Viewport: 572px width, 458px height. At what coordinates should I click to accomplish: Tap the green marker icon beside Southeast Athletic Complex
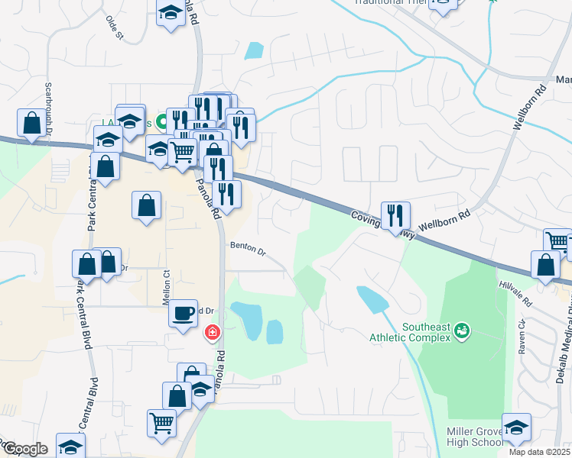(x=462, y=331)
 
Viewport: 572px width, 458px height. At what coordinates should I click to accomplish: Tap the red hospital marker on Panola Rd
(x=212, y=334)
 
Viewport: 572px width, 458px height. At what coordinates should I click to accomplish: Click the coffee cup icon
(x=184, y=313)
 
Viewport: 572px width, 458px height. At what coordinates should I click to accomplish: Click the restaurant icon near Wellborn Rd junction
(x=395, y=215)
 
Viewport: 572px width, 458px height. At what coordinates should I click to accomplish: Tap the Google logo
(x=24, y=450)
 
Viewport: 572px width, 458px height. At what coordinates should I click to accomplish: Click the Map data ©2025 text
(x=538, y=452)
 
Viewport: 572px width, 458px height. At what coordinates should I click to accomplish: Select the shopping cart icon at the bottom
(x=161, y=423)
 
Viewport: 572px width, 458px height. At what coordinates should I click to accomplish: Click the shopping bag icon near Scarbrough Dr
(x=31, y=123)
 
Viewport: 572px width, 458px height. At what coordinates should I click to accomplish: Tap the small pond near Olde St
(x=255, y=50)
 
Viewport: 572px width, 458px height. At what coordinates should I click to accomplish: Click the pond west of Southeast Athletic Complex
(x=369, y=299)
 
